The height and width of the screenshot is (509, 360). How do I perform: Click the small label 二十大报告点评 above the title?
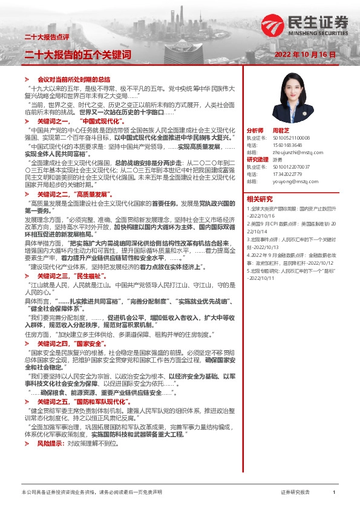click(44, 37)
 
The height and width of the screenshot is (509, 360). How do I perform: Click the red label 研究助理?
click(255, 159)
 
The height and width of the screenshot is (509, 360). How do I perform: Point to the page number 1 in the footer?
click(334, 493)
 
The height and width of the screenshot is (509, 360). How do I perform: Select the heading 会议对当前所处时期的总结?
click(74, 79)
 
